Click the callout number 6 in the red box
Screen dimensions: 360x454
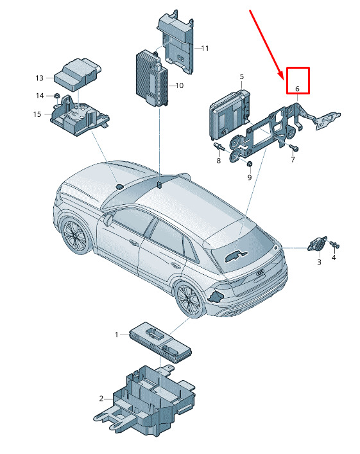[297, 89]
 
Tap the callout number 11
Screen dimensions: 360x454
[205, 48]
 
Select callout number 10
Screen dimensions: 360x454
[180, 85]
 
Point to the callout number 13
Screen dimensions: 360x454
[39, 78]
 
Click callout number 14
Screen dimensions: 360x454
[40, 96]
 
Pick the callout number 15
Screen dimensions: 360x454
[37, 114]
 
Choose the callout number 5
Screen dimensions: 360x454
[242, 76]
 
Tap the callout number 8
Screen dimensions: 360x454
[218, 161]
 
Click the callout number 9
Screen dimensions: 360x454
[250, 177]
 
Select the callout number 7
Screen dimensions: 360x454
[293, 159]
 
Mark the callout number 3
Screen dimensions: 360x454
[319, 262]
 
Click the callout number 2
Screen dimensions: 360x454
[101, 399]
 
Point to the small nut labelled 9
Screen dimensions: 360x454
[250, 164]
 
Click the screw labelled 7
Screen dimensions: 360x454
[294, 148]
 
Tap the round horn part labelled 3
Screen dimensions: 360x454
[317, 245]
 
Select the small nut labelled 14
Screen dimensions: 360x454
[56, 96]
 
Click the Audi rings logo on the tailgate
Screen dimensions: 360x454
[261, 272]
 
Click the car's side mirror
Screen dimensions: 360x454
[107, 220]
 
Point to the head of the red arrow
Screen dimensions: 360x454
[282, 78]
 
